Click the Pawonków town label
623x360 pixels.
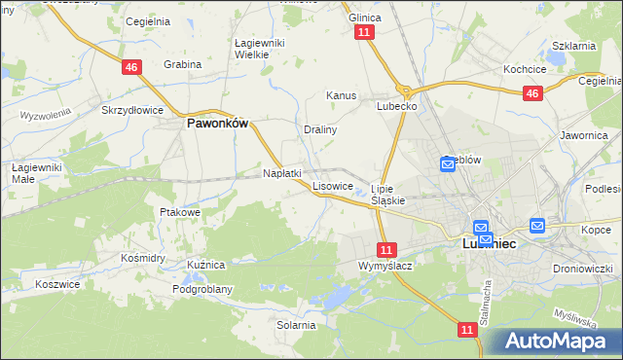click(x=218, y=124)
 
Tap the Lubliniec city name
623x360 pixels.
click(x=487, y=246)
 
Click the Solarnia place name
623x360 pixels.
click(x=296, y=325)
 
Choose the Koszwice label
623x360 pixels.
click(x=55, y=283)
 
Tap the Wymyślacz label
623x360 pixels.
click(x=385, y=266)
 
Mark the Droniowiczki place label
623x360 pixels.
click(x=580, y=267)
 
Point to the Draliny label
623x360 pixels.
click(x=320, y=129)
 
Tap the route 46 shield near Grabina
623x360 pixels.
click(x=131, y=67)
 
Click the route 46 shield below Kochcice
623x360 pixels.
click(x=531, y=93)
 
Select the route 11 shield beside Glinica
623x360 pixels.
click(x=364, y=33)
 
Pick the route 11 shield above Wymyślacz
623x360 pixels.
click(x=387, y=249)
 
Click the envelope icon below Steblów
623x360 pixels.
click(x=448, y=165)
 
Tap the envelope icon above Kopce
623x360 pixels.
click(x=537, y=226)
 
